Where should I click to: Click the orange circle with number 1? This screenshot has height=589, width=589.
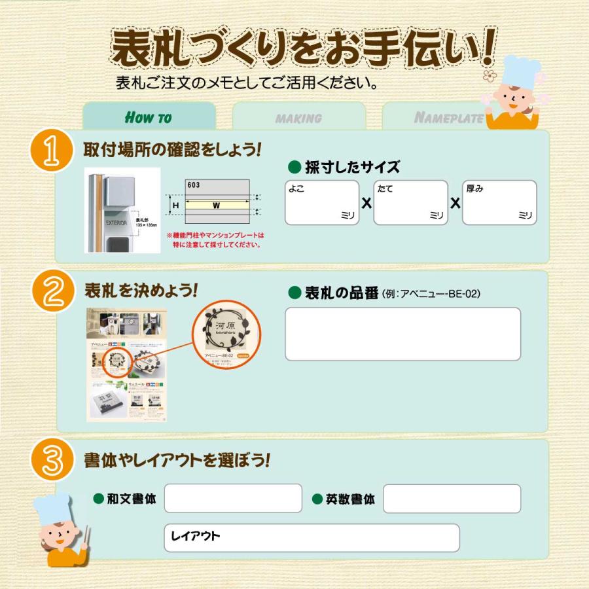point(51,151)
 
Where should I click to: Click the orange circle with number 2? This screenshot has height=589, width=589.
point(51,292)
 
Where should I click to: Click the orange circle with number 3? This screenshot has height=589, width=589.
point(51,460)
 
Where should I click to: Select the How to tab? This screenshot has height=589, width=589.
point(149,117)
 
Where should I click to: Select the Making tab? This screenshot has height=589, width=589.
point(298,118)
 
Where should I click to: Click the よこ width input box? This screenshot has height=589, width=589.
point(322,203)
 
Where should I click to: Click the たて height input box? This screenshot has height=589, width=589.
point(410,203)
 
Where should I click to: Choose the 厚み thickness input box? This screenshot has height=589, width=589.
point(499,203)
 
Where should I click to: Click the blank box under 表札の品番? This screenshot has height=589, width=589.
point(402,334)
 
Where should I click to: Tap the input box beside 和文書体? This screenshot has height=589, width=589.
point(232,499)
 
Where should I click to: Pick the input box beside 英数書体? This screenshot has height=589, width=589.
point(452,499)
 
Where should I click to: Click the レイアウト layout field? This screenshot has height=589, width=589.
point(312,537)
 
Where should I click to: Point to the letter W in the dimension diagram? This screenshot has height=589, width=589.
point(215,205)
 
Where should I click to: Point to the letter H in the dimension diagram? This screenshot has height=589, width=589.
point(175,205)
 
